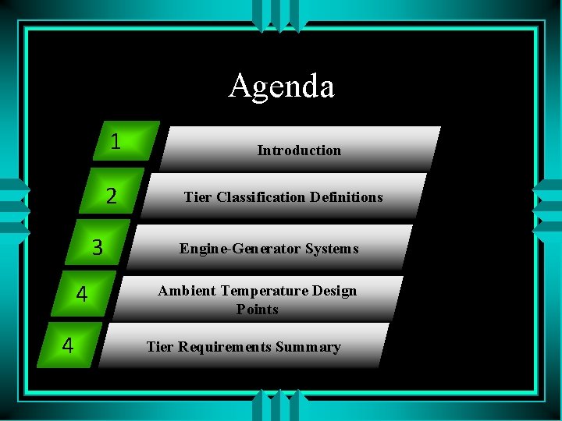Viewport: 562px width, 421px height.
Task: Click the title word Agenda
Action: point(281,86)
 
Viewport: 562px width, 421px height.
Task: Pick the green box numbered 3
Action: point(98,247)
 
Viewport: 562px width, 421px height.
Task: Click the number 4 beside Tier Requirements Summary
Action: point(68,345)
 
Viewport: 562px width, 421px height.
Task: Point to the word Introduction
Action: point(299,150)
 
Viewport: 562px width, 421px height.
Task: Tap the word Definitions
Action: point(346,197)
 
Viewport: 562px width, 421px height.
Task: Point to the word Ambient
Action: point(187,291)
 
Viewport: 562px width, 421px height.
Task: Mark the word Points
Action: point(258,310)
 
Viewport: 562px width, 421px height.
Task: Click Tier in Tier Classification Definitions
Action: point(198,197)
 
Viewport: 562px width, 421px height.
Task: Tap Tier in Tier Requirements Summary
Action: point(160,347)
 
